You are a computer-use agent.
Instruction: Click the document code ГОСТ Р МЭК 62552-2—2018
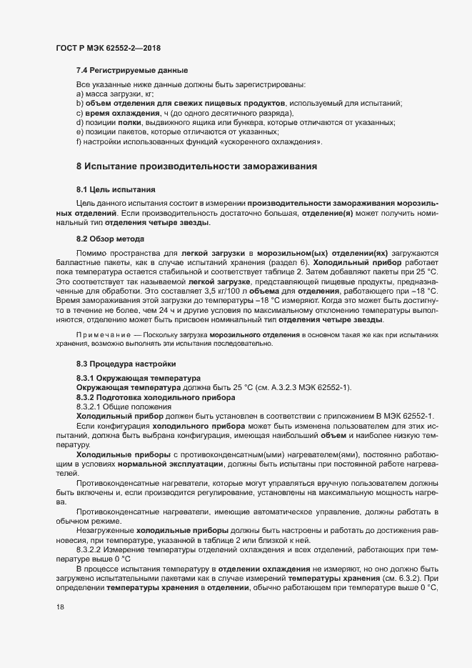[108, 48]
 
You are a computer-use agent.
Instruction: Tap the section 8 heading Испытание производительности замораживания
[196, 166]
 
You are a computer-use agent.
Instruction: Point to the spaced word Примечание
[104, 334]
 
